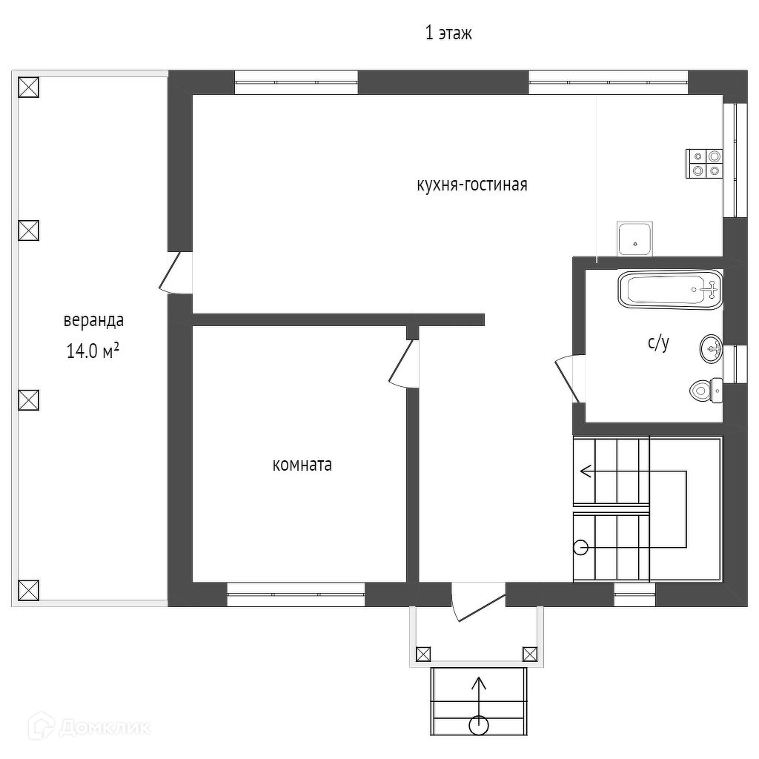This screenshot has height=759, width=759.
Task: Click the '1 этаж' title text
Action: pos(448,33)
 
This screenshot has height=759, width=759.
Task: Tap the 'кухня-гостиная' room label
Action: pos(472,185)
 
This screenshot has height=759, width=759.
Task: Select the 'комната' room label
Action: pos(302,465)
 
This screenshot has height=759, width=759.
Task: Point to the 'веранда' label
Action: pos(93,321)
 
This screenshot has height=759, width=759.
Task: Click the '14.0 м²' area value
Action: pos(93,351)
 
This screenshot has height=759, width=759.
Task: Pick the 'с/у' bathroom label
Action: pos(658,342)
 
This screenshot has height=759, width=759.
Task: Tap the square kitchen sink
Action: pos(635,238)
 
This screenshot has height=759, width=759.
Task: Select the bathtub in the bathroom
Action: pos(670,290)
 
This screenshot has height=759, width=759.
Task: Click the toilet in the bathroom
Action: pos(706,389)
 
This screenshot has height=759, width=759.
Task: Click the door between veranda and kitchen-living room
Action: pos(175,272)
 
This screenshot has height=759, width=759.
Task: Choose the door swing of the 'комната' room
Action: pos(405,363)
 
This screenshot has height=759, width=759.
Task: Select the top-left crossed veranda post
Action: pos(27,87)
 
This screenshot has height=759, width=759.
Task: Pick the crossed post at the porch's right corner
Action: pos(530,654)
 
